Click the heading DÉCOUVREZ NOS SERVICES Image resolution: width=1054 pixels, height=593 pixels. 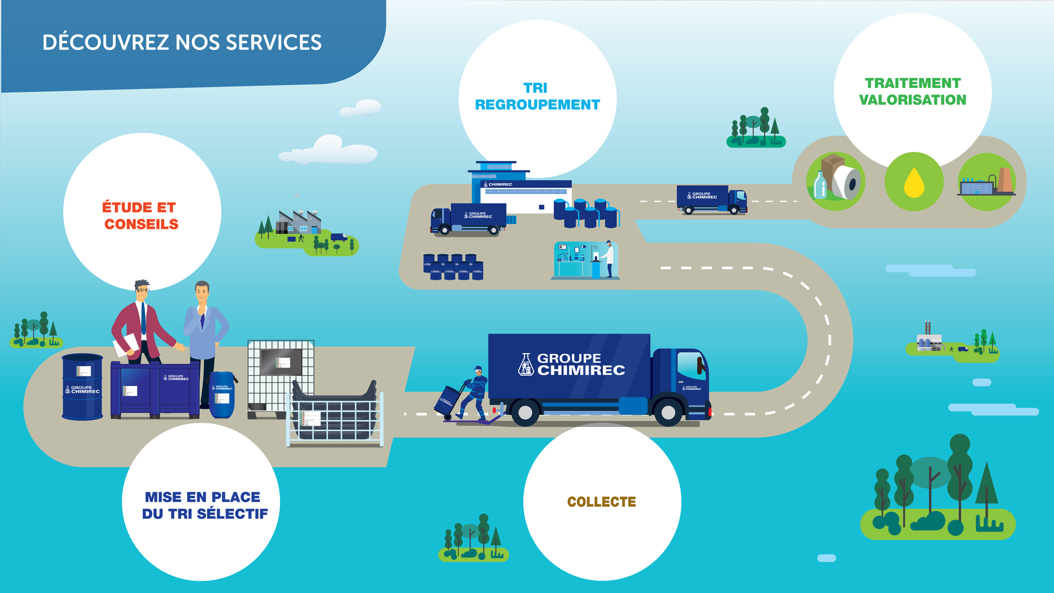[182, 43]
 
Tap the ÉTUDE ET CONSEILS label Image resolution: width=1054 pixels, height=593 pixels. [141, 216]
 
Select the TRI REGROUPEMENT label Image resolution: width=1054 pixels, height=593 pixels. [537, 96]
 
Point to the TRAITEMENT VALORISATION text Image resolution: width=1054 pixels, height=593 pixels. [912, 92]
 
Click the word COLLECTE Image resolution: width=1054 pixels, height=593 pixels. [601, 502]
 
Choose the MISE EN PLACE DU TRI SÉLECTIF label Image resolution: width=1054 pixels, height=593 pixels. [204, 505]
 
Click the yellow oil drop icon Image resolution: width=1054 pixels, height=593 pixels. [914, 182]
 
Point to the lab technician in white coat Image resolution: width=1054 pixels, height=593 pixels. [609, 258]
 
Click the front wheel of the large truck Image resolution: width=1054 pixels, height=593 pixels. [668, 412]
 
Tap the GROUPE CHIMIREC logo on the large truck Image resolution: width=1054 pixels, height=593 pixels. [572, 364]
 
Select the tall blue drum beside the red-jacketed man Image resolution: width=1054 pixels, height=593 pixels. [82, 387]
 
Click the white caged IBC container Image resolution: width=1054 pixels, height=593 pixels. [280, 377]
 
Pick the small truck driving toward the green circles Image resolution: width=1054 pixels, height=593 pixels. [711, 200]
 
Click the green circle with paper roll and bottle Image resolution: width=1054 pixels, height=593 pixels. [836, 181]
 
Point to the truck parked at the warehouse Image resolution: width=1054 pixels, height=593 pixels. [468, 218]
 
